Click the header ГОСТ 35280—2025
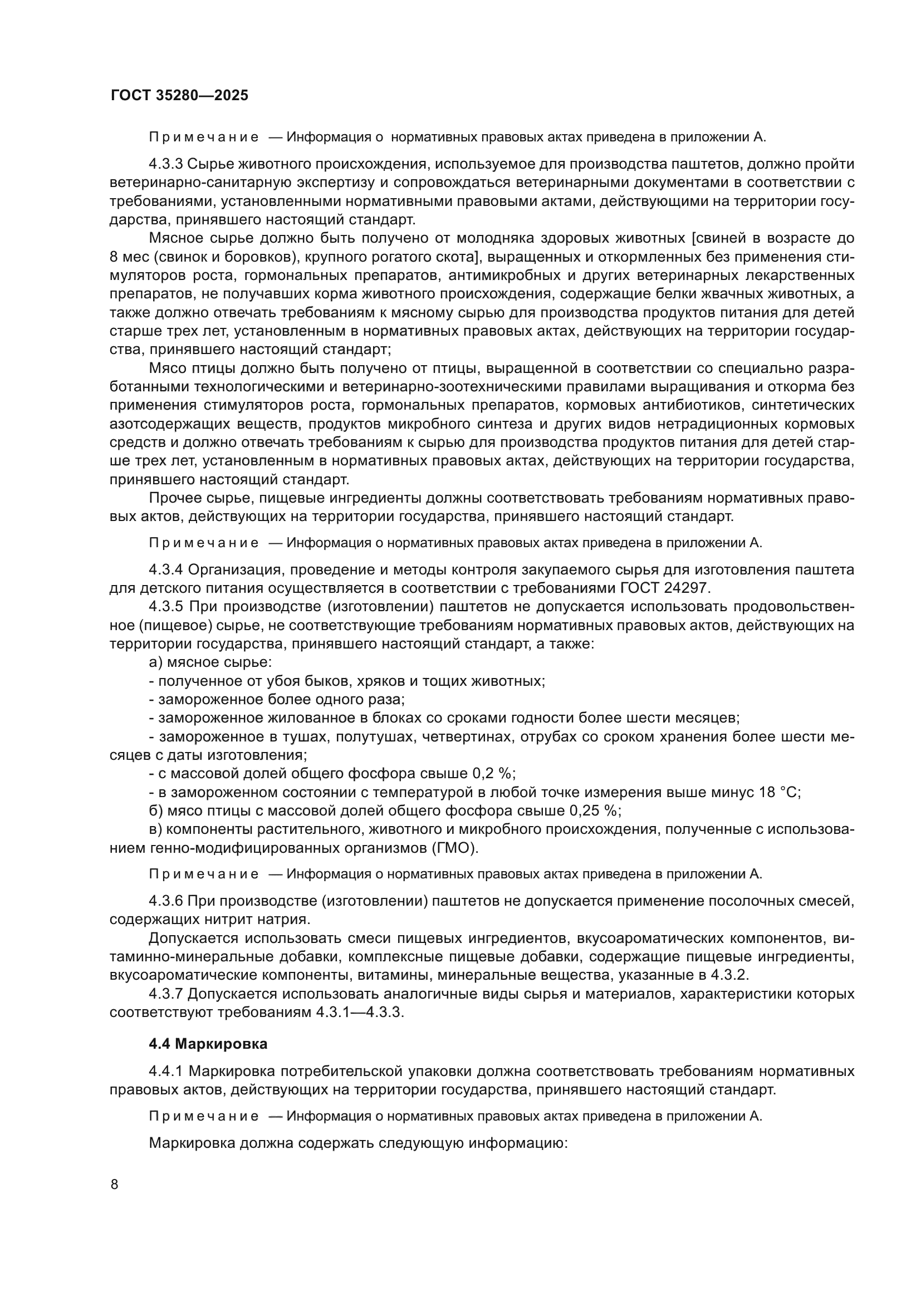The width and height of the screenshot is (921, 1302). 179,95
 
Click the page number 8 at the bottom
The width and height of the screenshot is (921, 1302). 115,1185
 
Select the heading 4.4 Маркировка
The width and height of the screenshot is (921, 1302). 208,1043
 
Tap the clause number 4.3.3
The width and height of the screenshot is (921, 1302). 165,164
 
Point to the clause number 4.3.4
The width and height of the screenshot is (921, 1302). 165,569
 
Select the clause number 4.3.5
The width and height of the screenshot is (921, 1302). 165,607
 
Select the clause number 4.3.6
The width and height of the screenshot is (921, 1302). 165,901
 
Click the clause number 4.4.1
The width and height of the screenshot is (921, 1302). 165,1071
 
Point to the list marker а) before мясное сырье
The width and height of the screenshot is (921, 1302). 155,662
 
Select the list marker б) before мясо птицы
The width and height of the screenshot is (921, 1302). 155,810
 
